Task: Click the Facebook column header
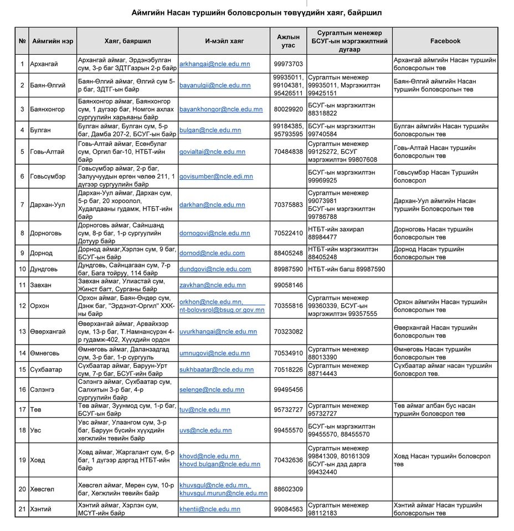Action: (x=445, y=41)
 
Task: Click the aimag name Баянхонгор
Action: (x=48, y=110)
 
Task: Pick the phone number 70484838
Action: (x=288, y=152)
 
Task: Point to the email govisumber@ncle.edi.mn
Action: (x=216, y=176)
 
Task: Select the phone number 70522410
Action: (x=288, y=233)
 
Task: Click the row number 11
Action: (x=23, y=285)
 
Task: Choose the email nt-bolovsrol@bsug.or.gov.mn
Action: (x=222, y=310)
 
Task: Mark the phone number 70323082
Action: (x=288, y=331)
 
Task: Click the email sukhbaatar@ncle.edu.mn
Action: (x=217, y=369)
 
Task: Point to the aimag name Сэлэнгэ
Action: (x=43, y=389)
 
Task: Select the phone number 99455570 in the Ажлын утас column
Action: (x=288, y=430)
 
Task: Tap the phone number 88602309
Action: (x=288, y=489)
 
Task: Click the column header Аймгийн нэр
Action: (x=53, y=41)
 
